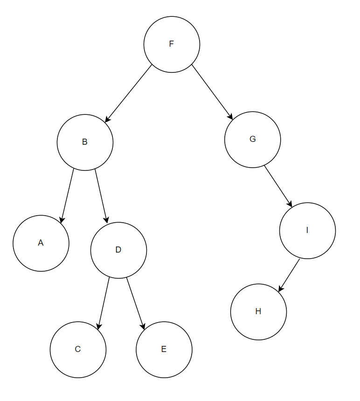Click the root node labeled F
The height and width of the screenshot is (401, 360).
(x=172, y=44)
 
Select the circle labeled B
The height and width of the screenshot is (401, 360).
(x=85, y=142)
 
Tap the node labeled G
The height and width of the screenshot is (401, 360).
(x=252, y=139)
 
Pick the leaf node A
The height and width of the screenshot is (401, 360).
(x=41, y=243)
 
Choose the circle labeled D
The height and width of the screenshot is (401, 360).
(x=118, y=250)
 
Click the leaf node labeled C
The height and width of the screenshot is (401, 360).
(x=78, y=349)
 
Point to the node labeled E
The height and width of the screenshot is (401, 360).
(x=164, y=349)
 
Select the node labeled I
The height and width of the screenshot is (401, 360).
(x=307, y=230)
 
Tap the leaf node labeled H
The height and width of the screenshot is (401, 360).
(x=258, y=312)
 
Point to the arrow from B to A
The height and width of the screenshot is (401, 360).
(x=68, y=195)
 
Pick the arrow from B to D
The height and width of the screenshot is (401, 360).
(x=101, y=195)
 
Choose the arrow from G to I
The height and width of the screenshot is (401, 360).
(x=278, y=186)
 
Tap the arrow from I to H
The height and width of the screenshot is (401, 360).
(x=289, y=275)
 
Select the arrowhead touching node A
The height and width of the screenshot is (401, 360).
(x=62, y=220)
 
